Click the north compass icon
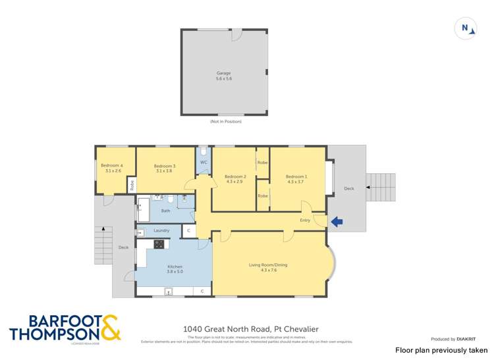[465, 28]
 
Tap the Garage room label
[224, 73]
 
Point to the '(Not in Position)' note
[224, 122]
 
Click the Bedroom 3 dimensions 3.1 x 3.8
[164, 171]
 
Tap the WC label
[204, 162]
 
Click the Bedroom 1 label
[296, 176]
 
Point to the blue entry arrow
[337, 222]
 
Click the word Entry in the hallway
[305, 220]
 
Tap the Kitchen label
[175, 267]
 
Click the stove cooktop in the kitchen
[159, 244]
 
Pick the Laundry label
[161, 230]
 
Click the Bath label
[165, 211]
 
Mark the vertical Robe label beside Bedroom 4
[132, 186]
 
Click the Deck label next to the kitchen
[123, 247]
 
